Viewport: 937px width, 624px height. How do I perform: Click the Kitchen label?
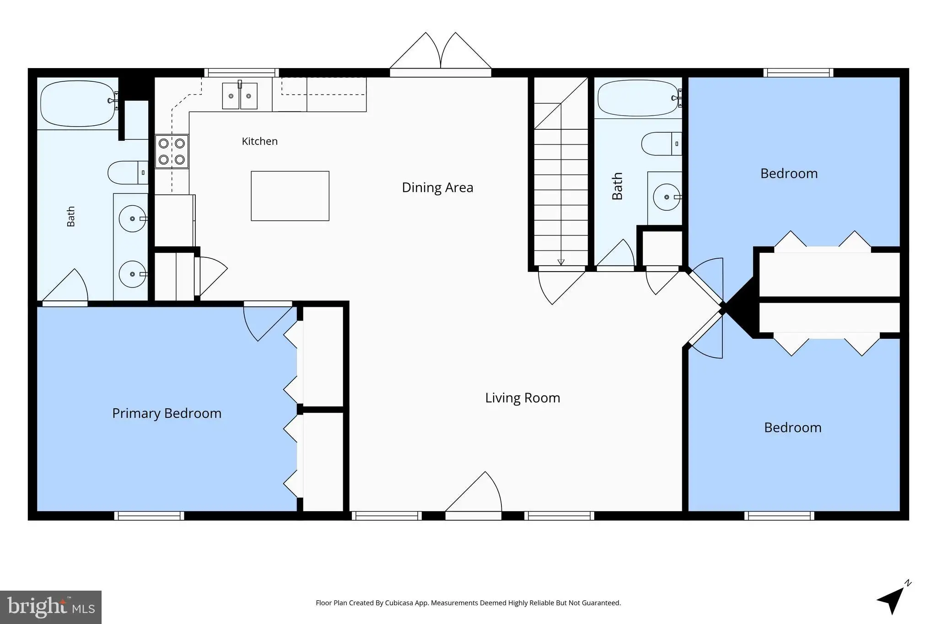[x=259, y=141]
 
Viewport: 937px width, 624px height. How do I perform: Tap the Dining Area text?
[x=437, y=187]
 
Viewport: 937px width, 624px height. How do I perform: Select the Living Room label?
[x=522, y=398]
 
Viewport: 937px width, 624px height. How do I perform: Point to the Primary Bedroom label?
[x=167, y=413]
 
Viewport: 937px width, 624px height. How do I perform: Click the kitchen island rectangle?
[x=290, y=196]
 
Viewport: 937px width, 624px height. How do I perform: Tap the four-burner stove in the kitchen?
[x=172, y=151]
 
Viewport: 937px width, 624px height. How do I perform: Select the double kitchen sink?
[x=240, y=96]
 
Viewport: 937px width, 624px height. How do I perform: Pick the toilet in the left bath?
[x=128, y=172]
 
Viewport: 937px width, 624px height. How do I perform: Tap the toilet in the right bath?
[x=662, y=144]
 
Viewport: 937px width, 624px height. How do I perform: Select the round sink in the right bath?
[x=667, y=197]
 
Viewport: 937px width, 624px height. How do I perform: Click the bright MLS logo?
[x=51, y=608]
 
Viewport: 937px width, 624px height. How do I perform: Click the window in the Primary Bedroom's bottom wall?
[x=149, y=516]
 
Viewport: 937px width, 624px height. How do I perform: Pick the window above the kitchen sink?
[x=242, y=73]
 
